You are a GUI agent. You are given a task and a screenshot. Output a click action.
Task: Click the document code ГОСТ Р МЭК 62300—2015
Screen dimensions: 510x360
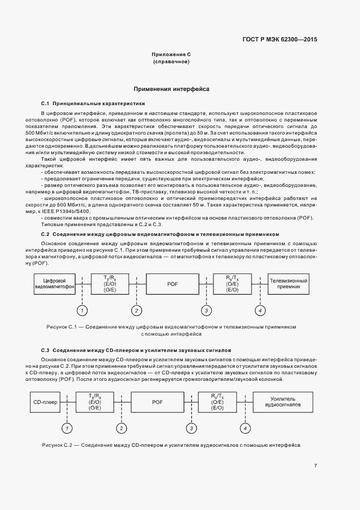tap(279, 39)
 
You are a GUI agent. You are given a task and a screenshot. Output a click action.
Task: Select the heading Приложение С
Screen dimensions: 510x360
tap(171, 55)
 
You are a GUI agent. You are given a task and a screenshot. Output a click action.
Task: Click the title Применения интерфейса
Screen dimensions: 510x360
tap(172, 88)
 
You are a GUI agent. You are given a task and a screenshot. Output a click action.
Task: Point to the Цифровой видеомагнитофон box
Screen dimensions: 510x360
tap(54, 283)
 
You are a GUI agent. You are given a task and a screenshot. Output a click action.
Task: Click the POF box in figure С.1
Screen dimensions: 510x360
tap(172, 284)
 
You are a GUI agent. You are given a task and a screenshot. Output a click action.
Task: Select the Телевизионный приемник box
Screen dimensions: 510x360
tap(289, 283)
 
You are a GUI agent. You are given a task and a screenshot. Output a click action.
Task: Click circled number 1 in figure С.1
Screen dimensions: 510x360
tap(82, 311)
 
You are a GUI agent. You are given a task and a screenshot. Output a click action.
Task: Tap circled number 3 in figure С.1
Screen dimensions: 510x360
tap(206, 311)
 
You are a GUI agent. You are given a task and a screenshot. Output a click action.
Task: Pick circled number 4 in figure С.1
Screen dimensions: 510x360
tap(260, 311)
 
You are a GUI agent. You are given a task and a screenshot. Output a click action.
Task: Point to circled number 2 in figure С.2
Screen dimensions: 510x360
tap(122, 429)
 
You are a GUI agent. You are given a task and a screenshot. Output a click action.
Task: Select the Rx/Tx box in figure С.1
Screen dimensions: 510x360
tap(233, 283)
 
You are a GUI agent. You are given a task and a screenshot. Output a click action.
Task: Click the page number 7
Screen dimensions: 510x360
tap(315, 465)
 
